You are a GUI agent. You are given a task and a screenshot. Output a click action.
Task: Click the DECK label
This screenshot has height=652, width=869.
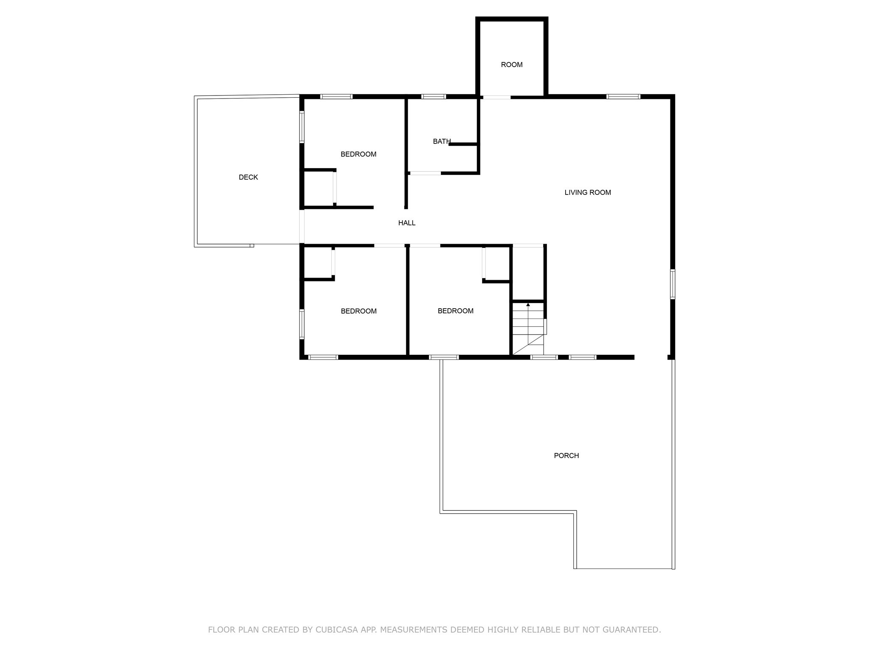[x=248, y=177]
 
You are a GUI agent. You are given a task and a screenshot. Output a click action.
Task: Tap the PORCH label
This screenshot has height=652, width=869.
[x=566, y=456]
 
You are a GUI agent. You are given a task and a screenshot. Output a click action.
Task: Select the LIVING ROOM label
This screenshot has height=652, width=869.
[x=587, y=193]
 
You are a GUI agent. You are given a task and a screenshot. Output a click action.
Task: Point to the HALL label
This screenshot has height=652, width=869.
[x=406, y=223]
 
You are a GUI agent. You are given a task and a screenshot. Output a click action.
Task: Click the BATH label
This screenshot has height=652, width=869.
[x=441, y=141]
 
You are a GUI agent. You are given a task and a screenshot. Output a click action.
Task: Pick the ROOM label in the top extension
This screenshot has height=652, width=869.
[x=511, y=65]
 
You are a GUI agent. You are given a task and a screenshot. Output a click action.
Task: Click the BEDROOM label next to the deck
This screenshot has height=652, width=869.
[x=358, y=155]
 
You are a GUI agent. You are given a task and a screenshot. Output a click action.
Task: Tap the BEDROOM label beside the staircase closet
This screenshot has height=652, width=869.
[x=455, y=311]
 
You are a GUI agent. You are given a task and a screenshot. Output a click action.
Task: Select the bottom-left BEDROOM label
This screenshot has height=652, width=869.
[x=359, y=311]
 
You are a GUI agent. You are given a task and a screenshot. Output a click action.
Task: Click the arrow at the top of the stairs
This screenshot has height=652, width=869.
[x=528, y=305]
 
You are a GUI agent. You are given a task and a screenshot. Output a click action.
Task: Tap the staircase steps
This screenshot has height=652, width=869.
[x=528, y=325]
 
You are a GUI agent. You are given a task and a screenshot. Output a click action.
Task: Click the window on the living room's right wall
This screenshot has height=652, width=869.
[x=673, y=284]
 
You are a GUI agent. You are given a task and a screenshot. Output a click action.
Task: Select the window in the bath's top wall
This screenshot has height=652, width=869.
[x=433, y=97]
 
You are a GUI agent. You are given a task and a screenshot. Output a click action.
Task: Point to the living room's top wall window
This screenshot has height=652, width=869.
[x=623, y=97]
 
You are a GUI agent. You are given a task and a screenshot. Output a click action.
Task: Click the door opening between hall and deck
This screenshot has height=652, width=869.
[x=302, y=226]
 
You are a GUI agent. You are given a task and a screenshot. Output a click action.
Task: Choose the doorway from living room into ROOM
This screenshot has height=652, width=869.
[x=496, y=97]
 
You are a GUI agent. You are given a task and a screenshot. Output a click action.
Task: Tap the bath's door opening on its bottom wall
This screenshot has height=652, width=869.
[x=425, y=173]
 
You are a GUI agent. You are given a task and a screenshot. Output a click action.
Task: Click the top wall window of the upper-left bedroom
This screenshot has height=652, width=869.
[x=336, y=97]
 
